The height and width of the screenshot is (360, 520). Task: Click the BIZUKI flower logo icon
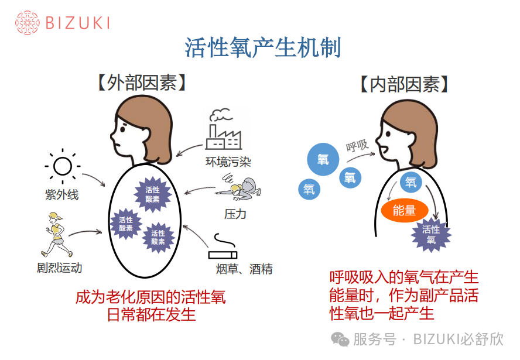(27, 23)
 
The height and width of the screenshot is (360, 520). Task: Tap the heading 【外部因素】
(142, 83)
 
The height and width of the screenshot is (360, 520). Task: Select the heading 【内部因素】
(405, 85)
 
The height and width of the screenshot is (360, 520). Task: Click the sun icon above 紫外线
(62, 166)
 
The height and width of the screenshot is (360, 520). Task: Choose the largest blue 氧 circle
(323, 159)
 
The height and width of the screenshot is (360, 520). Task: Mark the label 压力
(235, 214)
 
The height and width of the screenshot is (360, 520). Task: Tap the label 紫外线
(61, 195)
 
